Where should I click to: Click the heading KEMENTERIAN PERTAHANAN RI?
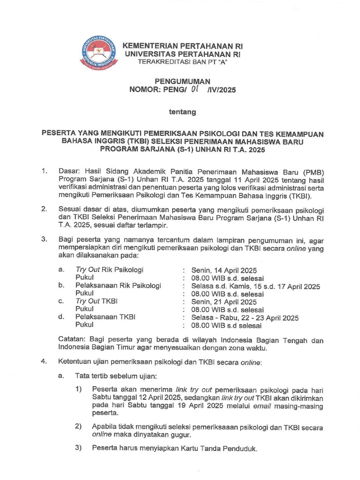(x=183, y=46)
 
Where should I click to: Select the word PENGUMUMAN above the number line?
(x=183, y=81)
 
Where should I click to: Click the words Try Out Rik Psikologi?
(x=109, y=270)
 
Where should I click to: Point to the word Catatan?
(x=72, y=339)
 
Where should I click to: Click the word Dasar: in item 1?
(x=69, y=172)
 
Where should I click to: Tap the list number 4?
(x=43, y=362)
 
